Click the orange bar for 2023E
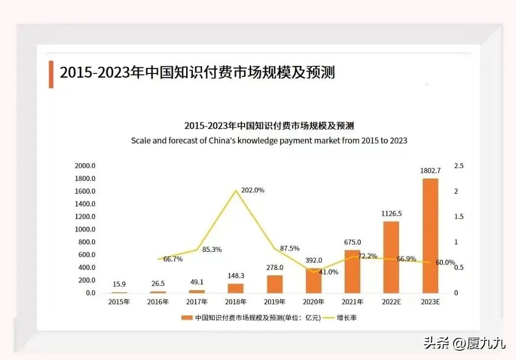430,236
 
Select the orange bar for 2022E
391,257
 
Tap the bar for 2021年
352,271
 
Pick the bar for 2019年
275,284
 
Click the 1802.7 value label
430,171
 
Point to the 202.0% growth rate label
253,190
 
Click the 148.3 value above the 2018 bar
235,276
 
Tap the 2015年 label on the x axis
119,302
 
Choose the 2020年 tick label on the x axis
313,302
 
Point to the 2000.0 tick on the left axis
85,166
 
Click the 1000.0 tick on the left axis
85,229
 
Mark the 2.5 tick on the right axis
458,166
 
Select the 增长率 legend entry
346,318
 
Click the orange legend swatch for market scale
187,318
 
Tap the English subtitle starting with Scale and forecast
269,140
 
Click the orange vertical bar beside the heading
51,74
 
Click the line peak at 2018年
236,190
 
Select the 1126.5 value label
391,213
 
